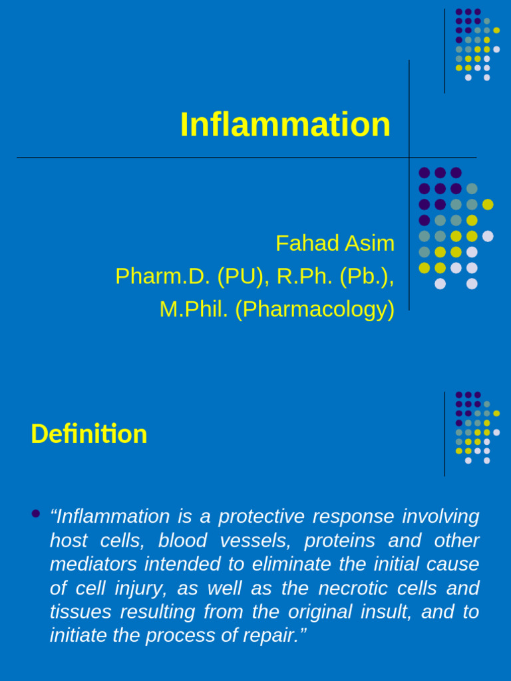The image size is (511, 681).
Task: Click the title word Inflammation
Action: click(285, 125)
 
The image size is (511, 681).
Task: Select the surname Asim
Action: click(369, 243)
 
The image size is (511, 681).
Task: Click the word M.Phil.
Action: click(194, 309)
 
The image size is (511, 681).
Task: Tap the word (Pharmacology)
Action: click(315, 309)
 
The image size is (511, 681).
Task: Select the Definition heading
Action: click(88, 434)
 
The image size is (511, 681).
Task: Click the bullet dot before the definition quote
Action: click(36, 513)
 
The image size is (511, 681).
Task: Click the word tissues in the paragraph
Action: click(77, 612)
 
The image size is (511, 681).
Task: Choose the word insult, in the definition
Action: click(382, 612)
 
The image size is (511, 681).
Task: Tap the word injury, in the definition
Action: click(130, 588)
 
